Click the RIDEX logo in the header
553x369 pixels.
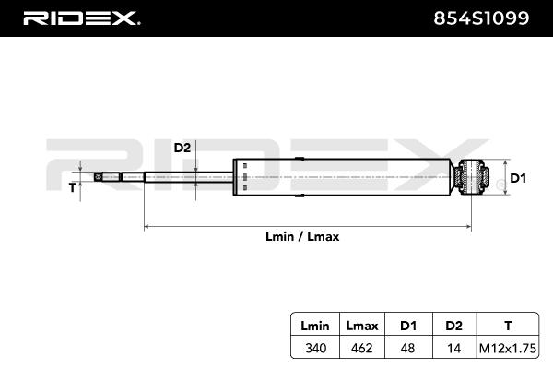[80, 18]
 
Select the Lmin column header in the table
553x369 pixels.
[309, 326]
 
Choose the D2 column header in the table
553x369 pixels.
[453, 326]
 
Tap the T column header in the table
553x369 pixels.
[508, 326]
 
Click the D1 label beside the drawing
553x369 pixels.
[517, 178]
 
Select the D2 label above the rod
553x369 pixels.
[182, 148]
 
